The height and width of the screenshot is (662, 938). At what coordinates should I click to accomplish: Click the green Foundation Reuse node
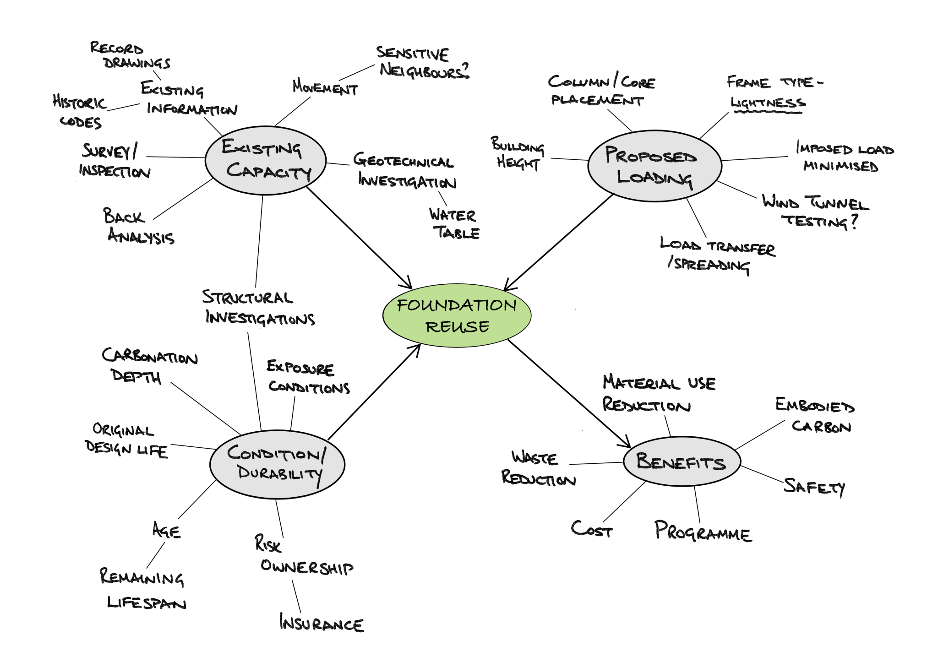[x=457, y=315]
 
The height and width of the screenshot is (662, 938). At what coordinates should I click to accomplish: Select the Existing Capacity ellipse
[x=266, y=160]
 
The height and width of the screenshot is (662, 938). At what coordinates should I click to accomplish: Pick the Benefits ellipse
[x=682, y=461]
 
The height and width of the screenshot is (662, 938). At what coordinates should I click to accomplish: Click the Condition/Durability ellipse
[x=277, y=464]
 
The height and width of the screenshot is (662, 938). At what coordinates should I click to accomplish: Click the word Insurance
[x=322, y=624]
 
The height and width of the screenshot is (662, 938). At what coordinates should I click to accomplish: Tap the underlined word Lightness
[x=768, y=103]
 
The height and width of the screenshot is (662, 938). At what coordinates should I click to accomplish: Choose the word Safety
[x=814, y=487]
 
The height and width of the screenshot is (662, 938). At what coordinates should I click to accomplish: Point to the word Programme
[x=703, y=532]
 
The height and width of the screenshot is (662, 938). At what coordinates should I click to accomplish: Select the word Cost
[x=591, y=529]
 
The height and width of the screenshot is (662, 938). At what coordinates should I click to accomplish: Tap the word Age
[x=166, y=531]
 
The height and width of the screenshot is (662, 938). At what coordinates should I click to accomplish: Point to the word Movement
[x=325, y=87]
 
